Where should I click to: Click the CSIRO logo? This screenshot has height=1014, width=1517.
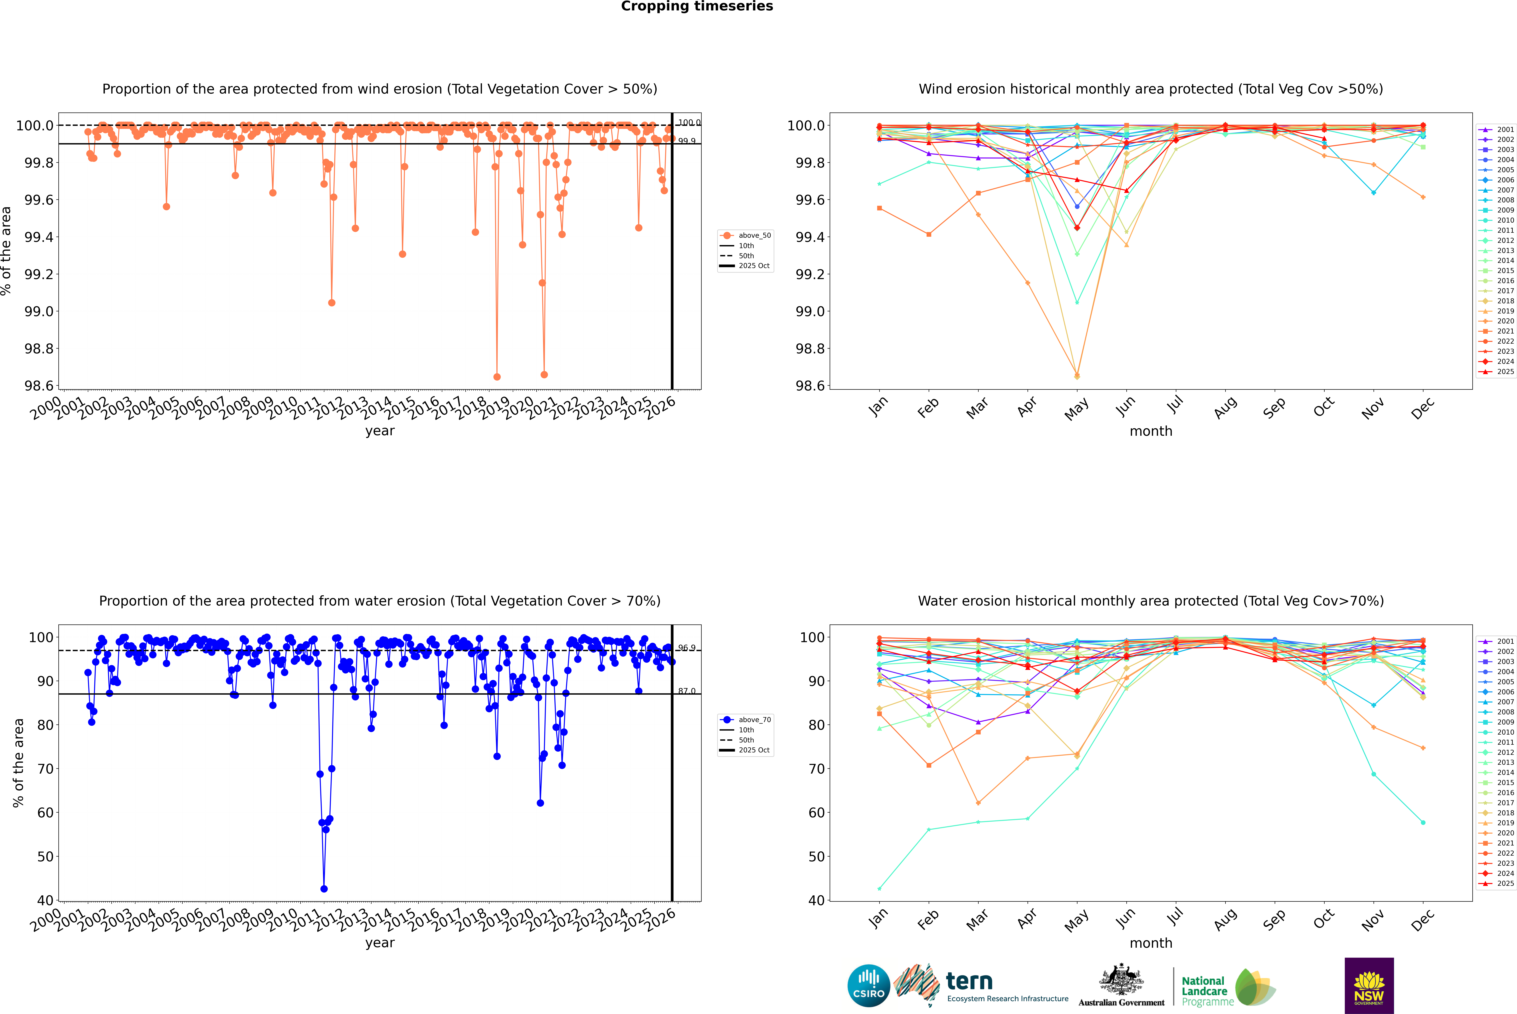pos(869,986)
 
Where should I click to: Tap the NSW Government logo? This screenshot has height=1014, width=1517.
pos(1369,986)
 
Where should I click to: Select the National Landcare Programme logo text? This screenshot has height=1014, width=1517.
pos(1204,991)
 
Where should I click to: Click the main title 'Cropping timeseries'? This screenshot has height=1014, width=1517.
pos(696,6)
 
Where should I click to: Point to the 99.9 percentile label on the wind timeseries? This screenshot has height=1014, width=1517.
pos(687,141)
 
